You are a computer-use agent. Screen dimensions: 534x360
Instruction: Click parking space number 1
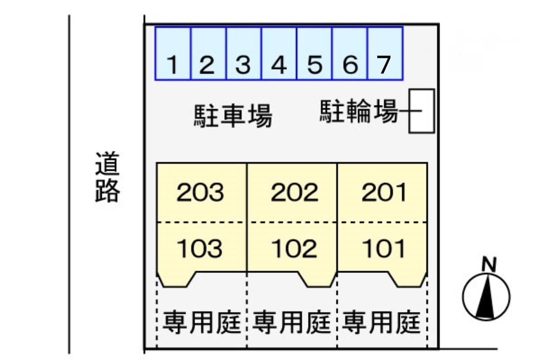pos(173,53)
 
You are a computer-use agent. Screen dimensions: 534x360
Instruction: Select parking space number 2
pos(208,53)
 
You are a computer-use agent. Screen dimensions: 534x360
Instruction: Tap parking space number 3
pos(243,53)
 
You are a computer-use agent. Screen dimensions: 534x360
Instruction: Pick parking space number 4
pos(279,53)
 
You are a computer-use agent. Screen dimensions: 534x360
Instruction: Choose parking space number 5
pos(314,53)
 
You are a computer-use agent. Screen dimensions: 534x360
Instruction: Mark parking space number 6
pos(350,53)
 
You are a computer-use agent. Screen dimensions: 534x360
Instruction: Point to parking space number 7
pos(385,53)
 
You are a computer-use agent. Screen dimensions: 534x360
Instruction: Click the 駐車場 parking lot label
pos(233,116)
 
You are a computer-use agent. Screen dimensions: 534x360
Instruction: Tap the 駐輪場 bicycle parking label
pos(359,111)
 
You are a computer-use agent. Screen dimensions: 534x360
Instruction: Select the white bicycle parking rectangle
pos(422,111)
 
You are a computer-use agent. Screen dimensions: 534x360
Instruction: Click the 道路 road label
pos(107,177)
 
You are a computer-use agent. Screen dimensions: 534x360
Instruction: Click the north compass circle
pos(486,297)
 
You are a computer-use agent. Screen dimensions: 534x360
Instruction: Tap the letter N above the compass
pos(489,264)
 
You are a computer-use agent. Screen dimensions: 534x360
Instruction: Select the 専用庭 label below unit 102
pos(292,322)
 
